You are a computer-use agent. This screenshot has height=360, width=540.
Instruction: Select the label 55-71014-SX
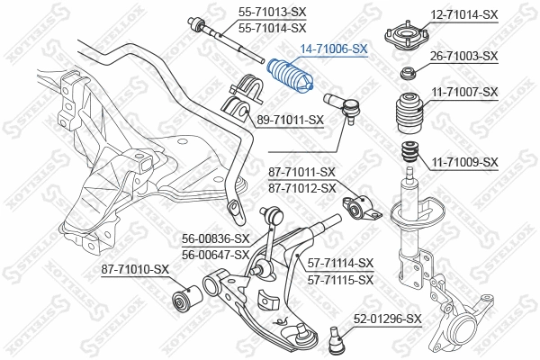[x=272, y=29]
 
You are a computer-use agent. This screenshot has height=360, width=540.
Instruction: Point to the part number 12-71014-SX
[x=463, y=14]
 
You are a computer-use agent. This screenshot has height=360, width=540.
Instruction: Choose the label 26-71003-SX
[x=463, y=56]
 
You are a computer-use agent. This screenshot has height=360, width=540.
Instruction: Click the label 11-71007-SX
[x=463, y=92]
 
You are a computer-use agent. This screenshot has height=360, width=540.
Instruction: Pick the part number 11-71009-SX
[x=463, y=162]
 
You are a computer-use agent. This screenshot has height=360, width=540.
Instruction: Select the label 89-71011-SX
[x=290, y=119]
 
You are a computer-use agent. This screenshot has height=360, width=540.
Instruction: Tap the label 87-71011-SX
[x=301, y=172]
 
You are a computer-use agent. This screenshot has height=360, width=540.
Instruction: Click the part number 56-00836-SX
[x=215, y=238]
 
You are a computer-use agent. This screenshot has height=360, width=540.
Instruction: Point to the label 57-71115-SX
[x=341, y=280]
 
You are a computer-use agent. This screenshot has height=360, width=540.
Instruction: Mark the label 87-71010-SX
[x=136, y=269]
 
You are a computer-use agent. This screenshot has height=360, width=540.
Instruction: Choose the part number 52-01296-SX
[x=388, y=319]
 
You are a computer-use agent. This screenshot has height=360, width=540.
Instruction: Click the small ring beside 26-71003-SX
[x=408, y=73]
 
